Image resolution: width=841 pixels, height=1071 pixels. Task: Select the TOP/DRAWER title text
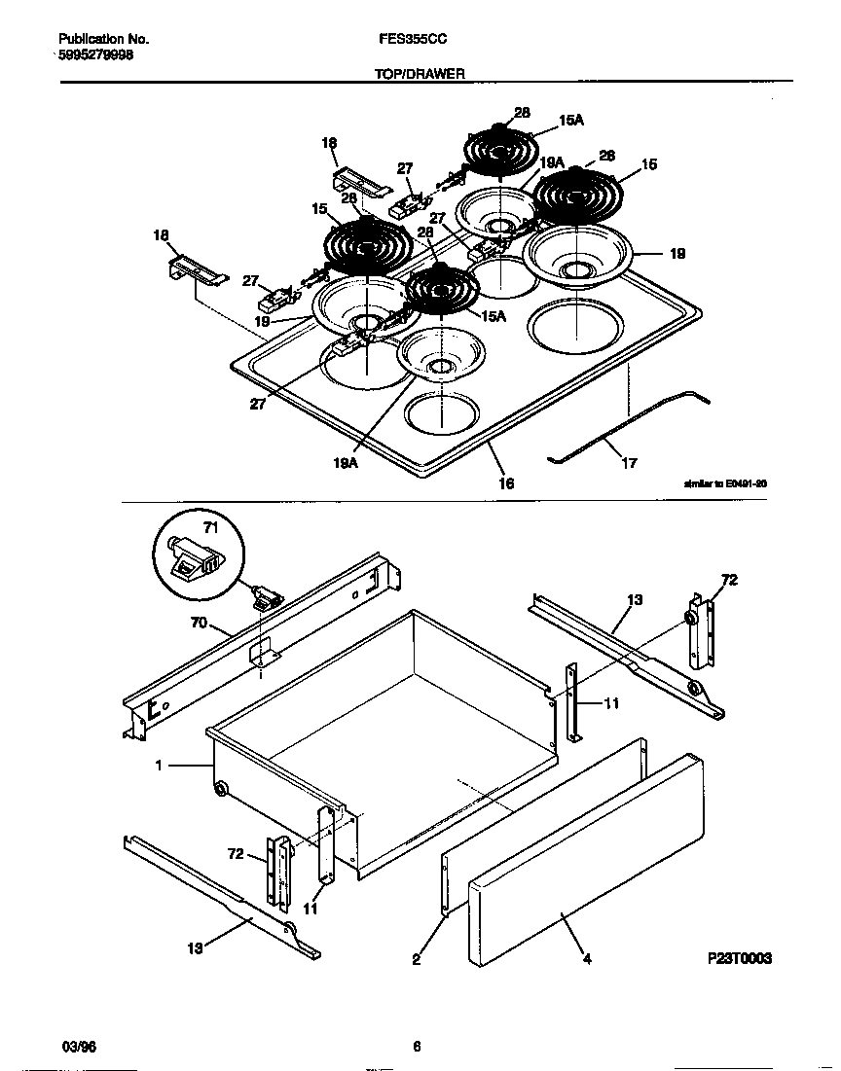point(420,74)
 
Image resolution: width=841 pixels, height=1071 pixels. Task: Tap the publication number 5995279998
point(96,55)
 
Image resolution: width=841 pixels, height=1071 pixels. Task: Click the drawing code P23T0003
point(739,958)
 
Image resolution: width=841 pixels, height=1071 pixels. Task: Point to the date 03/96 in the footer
point(79,1047)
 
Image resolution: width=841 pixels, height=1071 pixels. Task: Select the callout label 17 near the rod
point(629,463)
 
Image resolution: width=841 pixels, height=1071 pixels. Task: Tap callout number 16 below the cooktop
point(506,482)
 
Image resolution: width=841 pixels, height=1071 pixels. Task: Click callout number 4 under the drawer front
point(587,959)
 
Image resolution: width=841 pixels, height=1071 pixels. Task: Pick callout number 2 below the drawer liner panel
point(417,959)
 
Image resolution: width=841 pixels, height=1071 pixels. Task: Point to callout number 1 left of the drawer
point(158,766)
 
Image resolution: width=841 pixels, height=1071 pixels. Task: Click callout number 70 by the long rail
point(199,623)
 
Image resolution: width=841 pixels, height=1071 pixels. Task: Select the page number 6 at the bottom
point(417,1047)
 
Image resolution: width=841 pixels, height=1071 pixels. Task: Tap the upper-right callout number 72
point(728,581)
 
